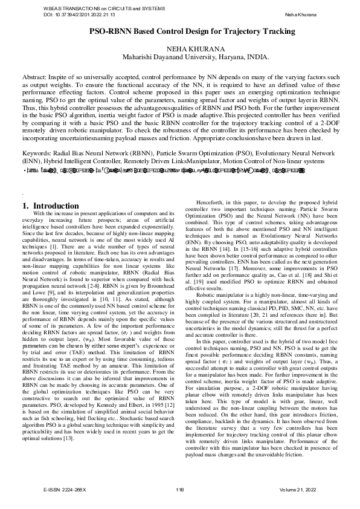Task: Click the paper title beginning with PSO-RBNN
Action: coord(192,31)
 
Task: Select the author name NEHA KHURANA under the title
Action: coord(192,49)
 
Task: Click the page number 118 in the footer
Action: coord(179,489)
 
